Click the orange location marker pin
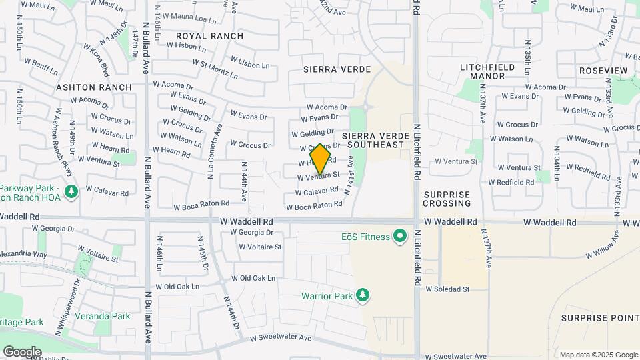coord(321,159)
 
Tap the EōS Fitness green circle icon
coord(400,236)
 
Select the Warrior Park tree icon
coord(363,295)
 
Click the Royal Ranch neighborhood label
coord(209,35)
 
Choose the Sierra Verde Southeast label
coord(374,140)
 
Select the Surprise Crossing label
coord(447,198)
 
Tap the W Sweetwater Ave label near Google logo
coord(281,339)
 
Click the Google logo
coord(22,351)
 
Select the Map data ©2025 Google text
coord(599,355)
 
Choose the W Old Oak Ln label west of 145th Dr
coord(177,287)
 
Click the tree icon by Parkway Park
coord(71,192)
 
